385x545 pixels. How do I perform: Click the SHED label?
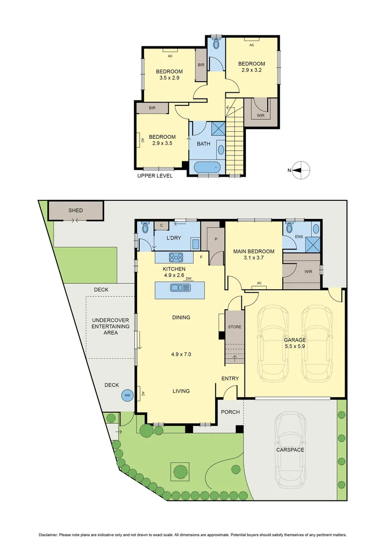pos(76,210)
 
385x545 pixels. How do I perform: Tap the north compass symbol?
pos(301,170)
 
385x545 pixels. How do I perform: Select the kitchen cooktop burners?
pos(177,256)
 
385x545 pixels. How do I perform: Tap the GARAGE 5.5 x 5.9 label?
pos(294,343)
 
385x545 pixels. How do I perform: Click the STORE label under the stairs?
pos(235,327)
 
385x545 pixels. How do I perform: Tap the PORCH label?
pos(230,412)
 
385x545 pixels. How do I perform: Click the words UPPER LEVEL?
pos(155,176)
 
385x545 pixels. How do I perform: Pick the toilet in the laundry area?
pos(145,228)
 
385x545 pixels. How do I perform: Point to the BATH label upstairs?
pos(204,144)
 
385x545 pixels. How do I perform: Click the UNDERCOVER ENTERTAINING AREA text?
pos(110,326)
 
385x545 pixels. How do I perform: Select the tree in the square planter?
pos(180,471)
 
